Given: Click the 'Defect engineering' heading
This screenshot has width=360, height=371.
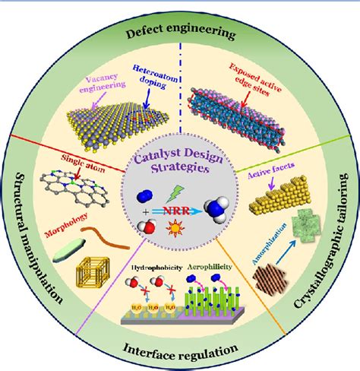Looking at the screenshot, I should click(x=180, y=34).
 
